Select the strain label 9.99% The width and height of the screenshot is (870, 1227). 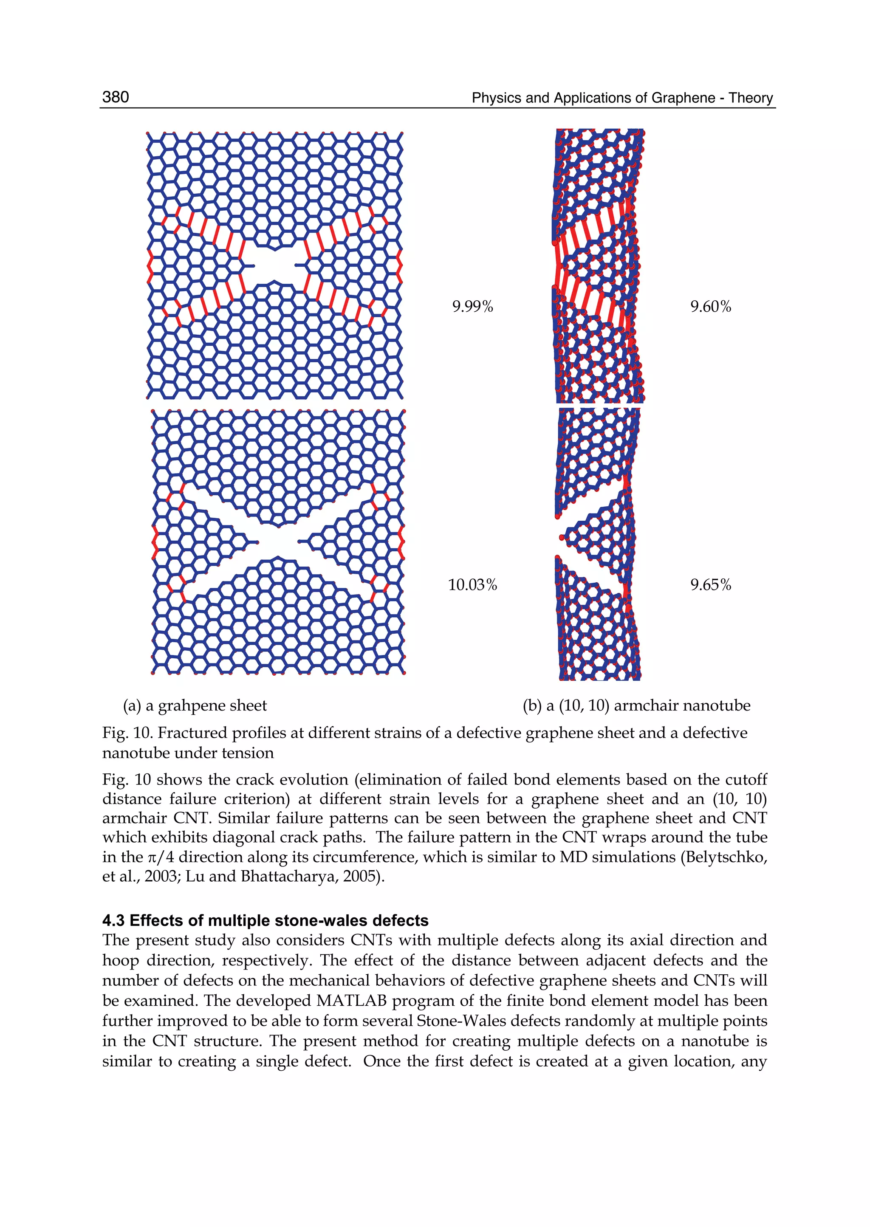(x=472, y=307)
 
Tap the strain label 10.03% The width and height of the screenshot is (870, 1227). (x=472, y=585)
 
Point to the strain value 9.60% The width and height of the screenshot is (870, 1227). (x=710, y=307)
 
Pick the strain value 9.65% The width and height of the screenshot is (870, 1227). (x=710, y=585)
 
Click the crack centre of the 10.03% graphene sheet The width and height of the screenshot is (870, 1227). (x=277, y=542)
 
